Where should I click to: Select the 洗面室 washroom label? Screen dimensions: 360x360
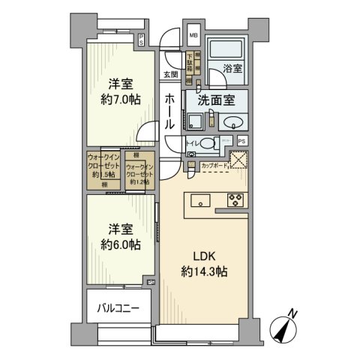[217, 99]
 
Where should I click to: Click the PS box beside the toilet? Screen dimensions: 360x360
[241, 140]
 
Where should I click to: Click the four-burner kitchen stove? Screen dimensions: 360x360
[234, 200]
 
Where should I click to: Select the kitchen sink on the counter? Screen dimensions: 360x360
[200, 200]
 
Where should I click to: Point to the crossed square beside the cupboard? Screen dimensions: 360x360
[238, 160]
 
